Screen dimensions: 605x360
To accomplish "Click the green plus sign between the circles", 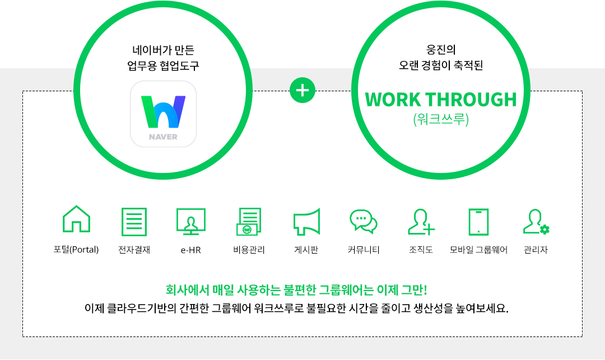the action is coord(302,91).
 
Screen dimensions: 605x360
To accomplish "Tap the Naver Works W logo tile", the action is coord(163,114).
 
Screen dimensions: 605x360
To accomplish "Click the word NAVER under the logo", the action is coord(163,137).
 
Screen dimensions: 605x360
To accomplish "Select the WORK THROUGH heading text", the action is coord(441,100).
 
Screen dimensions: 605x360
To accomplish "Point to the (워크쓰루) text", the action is coord(441,119).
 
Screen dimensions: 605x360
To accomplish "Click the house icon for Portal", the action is coord(76,219).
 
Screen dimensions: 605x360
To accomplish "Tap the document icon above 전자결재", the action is coord(134,222).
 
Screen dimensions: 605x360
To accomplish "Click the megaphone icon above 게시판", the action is coord(307,222).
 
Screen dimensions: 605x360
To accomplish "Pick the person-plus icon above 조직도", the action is coord(421,222).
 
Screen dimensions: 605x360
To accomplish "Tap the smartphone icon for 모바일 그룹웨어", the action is coord(478,222).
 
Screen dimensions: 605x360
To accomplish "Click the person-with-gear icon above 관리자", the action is coord(536,222).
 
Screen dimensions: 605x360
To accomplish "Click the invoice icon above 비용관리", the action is coord(249,222).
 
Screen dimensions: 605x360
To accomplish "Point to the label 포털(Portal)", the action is coord(76,250).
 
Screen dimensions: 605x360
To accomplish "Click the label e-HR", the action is coord(191,250).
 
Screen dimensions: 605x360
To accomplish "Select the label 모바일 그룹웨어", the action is coord(478,250).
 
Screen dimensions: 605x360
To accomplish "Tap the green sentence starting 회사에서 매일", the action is coord(296,290).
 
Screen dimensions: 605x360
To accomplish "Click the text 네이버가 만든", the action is coord(163,50).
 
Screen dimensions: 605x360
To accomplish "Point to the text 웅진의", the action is coord(441,50).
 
